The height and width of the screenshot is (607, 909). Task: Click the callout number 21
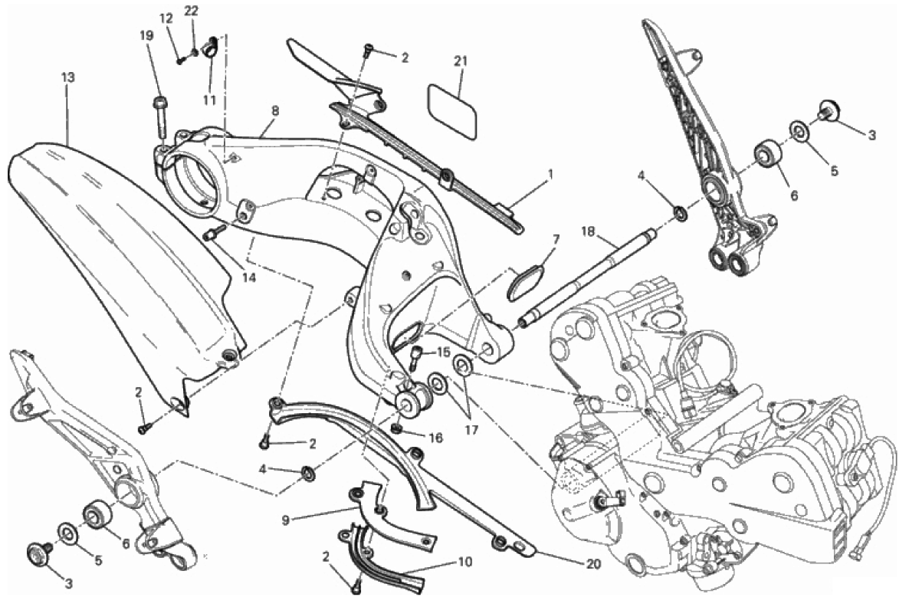(x=461, y=61)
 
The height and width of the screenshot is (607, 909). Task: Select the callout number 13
(x=67, y=77)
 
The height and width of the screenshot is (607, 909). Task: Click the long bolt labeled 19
(x=159, y=118)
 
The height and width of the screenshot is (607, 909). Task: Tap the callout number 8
(x=275, y=110)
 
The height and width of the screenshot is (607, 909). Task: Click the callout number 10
(x=465, y=562)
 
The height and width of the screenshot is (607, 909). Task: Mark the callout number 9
(x=285, y=520)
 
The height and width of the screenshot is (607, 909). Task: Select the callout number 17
(x=471, y=430)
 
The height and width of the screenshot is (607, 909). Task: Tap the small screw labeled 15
(x=415, y=357)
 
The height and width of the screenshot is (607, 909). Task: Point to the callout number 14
(x=248, y=277)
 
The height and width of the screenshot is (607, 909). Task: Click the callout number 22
(x=192, y=10)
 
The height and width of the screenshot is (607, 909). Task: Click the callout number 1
(x=551, y=172)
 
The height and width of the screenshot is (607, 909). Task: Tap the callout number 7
(x=556, y=238)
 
